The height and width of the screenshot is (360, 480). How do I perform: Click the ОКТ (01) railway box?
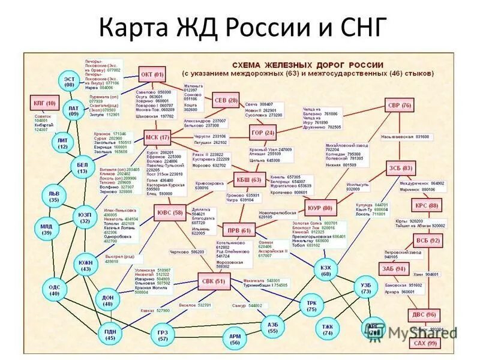tap(152, 75)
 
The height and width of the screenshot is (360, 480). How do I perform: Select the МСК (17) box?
tap(157, 137)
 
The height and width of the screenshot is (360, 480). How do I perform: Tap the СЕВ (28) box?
tap(225, 100)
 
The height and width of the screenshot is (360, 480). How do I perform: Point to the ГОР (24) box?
tap(262, 132)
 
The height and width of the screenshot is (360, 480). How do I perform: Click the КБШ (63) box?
tap(248, 179)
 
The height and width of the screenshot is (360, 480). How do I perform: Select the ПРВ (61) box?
tap(239, 230)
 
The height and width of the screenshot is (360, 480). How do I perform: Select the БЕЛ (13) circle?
tap(82, 167)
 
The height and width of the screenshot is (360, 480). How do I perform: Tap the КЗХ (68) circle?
tap(326, 270)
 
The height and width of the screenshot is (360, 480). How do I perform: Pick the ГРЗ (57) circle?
tap(163, 335)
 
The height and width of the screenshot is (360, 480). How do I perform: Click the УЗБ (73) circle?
tap(366, 287)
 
